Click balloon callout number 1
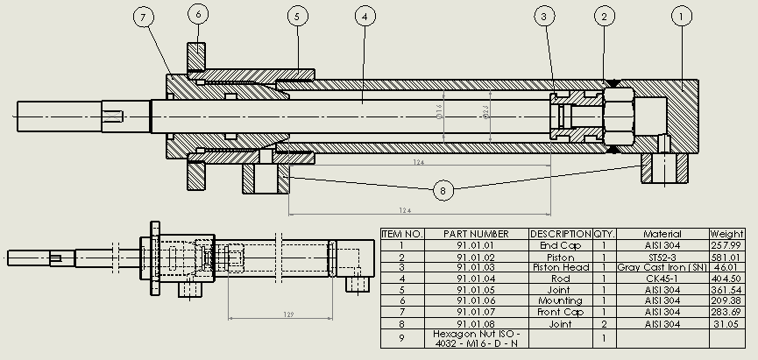tap(683, 15)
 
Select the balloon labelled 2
tap(603, 15)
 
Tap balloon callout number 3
tap(545, 15)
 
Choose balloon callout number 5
tap(298, 15)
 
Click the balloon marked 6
tap(199, 15)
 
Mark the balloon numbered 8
tap(443, 188)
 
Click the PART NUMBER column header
tap(476, 235)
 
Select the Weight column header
tap(726, 235)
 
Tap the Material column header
tap(662, 235)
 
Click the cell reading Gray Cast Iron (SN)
tap(662, 267)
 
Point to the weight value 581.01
tap(726, 257)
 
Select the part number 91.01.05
tap(476, 290)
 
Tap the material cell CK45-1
tap(662, 279)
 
